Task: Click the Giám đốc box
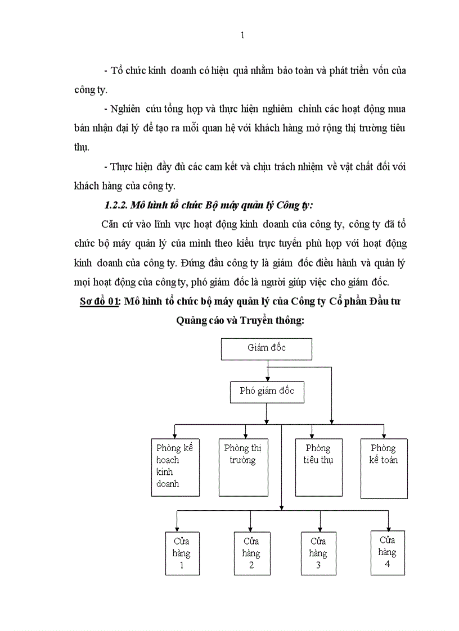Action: tap(266, 348)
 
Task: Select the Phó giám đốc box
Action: tap(267, 392)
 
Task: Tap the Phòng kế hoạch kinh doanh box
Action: tap(175, 467)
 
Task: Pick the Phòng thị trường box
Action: tap(242, 467)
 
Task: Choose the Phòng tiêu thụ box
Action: tap(318, 467)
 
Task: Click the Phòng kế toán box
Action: tap(384, 468)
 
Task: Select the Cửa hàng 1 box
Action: tap(181, 553)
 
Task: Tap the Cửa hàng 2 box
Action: tap(251, 553)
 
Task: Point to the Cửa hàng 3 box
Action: tap(318, 553)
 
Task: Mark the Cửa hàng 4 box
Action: tap(387, 552)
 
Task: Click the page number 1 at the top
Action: tap(242, 36)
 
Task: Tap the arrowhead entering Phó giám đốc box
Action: tap(267, 379)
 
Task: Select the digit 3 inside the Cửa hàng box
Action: tap(318, 565)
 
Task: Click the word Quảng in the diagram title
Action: tap(191, 321)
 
